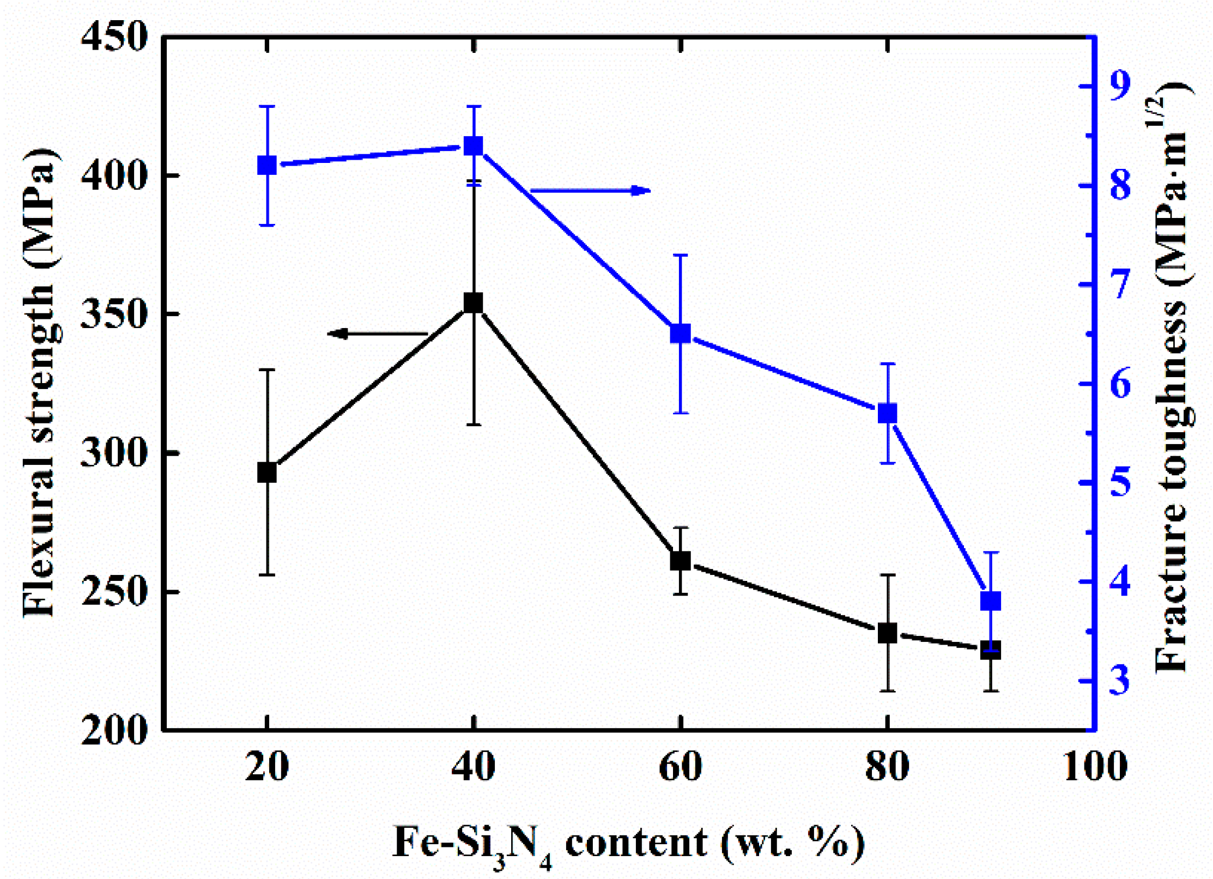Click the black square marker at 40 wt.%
coord(473,302)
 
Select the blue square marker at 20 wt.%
coord(266,165)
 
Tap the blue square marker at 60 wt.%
coord(680,334)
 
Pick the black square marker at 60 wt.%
coord(680,561)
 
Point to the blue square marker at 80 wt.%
coord(888,413)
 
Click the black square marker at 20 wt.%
coord(266,472)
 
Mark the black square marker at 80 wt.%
coord(888,633)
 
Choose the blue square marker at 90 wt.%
coord(991,602)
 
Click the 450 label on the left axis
coord(114,38)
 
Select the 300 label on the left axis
coord(114,452)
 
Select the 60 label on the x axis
coord(680,767)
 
